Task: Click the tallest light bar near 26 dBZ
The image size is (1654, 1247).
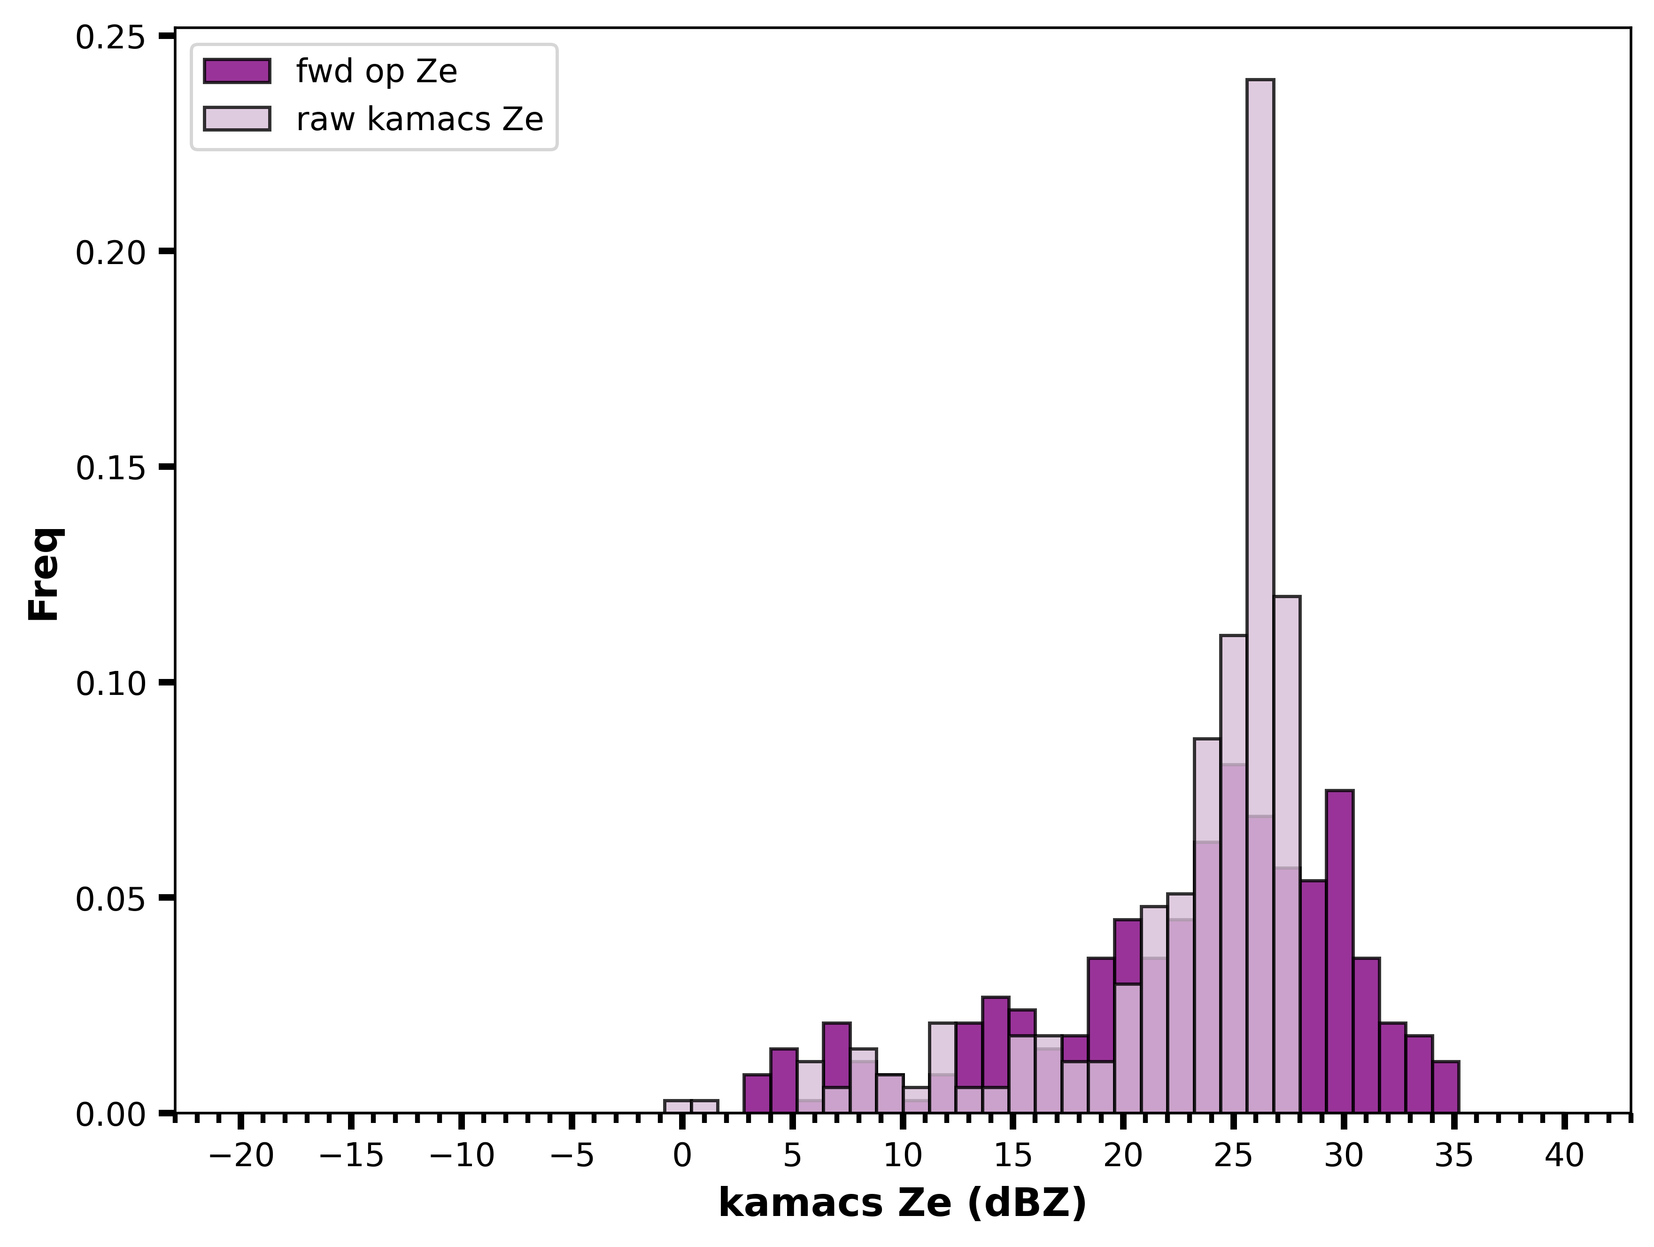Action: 1260,596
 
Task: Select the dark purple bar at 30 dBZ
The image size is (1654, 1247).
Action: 1339,951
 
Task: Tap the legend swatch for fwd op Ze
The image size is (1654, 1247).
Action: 236,71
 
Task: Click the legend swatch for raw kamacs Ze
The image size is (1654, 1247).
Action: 236,119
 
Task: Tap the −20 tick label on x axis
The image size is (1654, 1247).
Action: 241,1156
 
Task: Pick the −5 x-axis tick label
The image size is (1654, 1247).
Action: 572,1156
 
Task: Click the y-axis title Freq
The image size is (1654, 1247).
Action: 45,574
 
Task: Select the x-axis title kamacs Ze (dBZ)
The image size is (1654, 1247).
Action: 903,1204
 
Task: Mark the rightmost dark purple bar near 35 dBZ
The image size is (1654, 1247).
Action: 1445,1087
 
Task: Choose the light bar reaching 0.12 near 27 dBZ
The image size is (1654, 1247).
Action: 1287,854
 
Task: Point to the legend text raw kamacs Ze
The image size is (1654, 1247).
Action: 419,119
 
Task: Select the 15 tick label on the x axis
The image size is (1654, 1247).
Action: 1013,1156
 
